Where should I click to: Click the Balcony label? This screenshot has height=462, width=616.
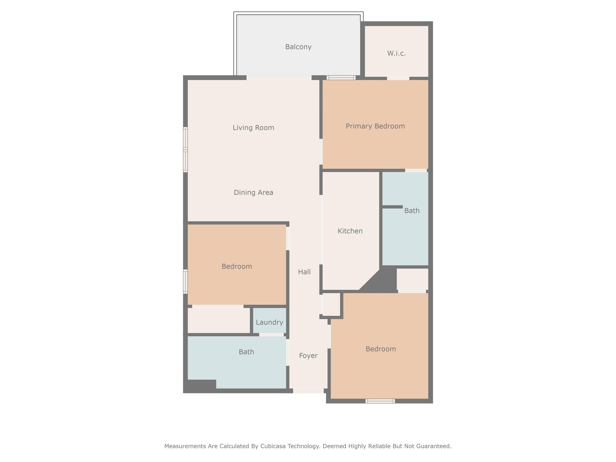coord(298,47)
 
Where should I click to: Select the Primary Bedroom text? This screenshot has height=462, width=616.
coord(375,126)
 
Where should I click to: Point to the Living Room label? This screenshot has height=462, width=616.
coord(253,128)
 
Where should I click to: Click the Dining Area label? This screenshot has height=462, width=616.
coord(253,192)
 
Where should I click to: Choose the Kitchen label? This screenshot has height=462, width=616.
coord(350,231)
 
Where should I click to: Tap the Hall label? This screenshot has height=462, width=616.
coord(304,272)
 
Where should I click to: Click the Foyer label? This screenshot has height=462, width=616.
coord(308,356)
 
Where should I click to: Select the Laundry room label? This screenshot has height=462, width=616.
coord(269,322)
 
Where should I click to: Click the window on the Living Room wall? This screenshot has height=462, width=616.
coord(185,150)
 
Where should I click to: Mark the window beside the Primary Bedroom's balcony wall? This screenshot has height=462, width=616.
coord(341,78)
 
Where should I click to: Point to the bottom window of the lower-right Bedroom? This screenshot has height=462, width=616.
coord(380,401)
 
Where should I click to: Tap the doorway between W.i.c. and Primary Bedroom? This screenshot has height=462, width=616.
coord(398,78)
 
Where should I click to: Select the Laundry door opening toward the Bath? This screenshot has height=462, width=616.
coord(271,334)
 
